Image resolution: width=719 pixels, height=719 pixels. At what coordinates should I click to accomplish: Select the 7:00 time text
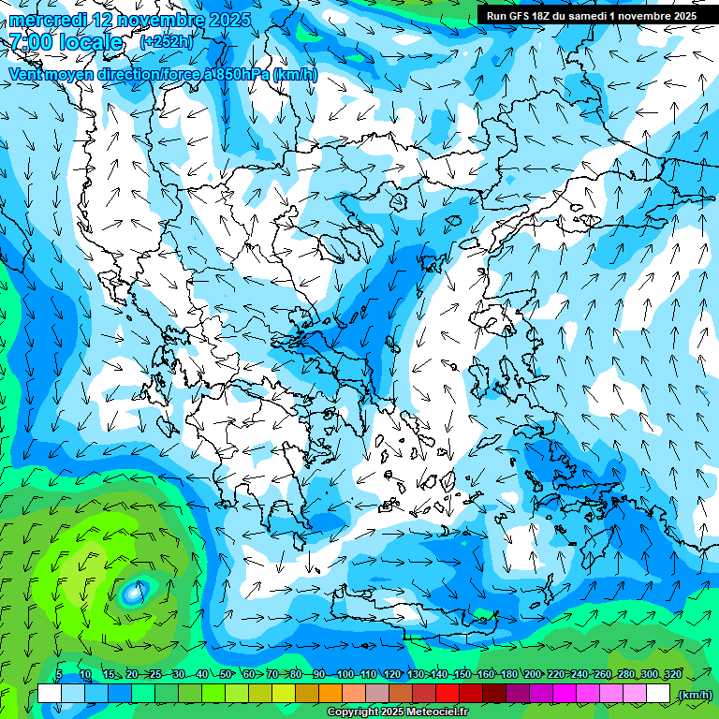pos(30,42)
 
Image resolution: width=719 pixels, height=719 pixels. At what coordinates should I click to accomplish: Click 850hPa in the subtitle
pos(242,75)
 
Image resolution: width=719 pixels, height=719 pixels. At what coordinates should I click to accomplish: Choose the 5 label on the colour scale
pos(59,674)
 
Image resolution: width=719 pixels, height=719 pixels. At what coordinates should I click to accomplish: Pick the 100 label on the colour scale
pos(345,674)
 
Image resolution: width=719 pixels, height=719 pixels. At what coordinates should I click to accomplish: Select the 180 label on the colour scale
pos(509,674)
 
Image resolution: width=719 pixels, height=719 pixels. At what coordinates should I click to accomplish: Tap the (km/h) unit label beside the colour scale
pos(695,695)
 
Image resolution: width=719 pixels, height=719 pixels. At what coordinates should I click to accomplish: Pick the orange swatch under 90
pos(330,694)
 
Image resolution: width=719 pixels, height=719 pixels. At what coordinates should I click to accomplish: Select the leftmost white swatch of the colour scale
pos(50,694)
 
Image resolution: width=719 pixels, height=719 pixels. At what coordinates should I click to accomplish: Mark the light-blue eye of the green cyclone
pos(134,592)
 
